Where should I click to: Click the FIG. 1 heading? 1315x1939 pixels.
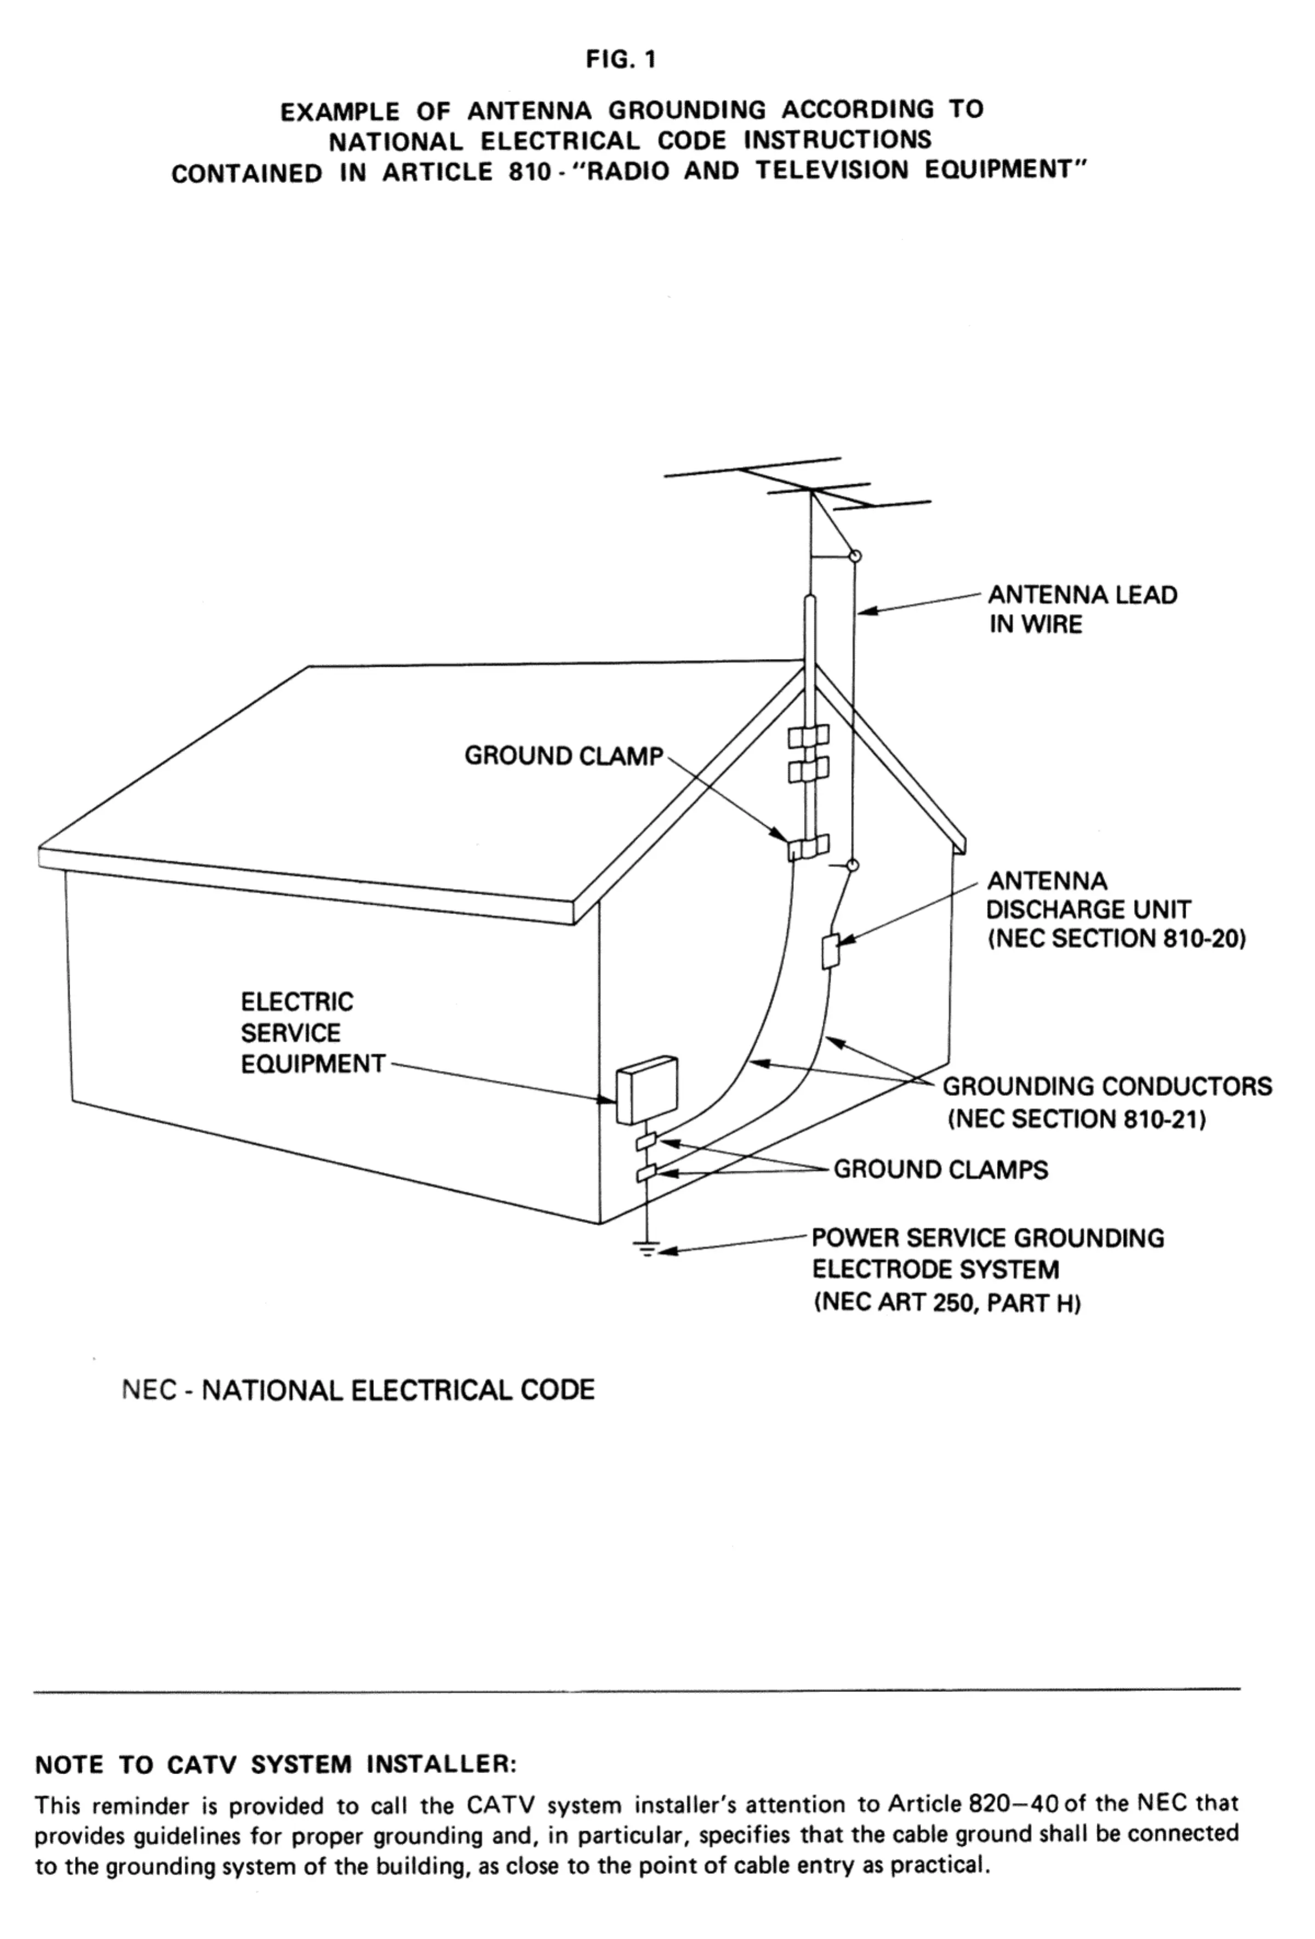(621, 61)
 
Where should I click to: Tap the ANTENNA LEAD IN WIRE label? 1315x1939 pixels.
(1082, 609)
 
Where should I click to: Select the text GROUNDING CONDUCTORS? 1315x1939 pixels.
(1107, 1086)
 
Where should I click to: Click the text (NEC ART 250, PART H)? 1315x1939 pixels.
(947, 1303)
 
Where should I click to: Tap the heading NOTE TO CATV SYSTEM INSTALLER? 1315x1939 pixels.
(276, 1765)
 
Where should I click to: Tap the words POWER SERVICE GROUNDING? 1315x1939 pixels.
(988, 1238)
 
